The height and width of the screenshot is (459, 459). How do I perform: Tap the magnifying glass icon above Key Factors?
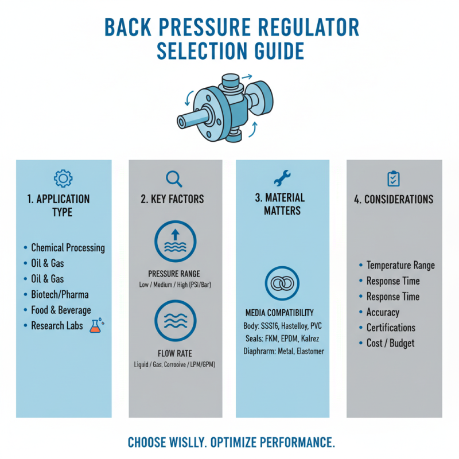[x=173, y=178]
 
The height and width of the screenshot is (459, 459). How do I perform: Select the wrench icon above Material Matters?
[x=283, y=178]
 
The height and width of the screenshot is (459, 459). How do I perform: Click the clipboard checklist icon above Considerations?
[x=394, y=178]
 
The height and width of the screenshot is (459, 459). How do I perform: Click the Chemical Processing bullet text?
[x=68, y=248]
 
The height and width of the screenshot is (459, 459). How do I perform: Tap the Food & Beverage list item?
[x=61, y=310]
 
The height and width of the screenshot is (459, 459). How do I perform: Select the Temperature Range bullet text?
[x=400, y=266]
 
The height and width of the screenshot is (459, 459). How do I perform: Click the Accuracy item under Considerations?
[x=383, y=313]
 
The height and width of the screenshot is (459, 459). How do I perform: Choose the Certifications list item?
[x=391, y=328]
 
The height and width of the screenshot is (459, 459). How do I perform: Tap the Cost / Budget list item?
[x=390, y=344]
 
